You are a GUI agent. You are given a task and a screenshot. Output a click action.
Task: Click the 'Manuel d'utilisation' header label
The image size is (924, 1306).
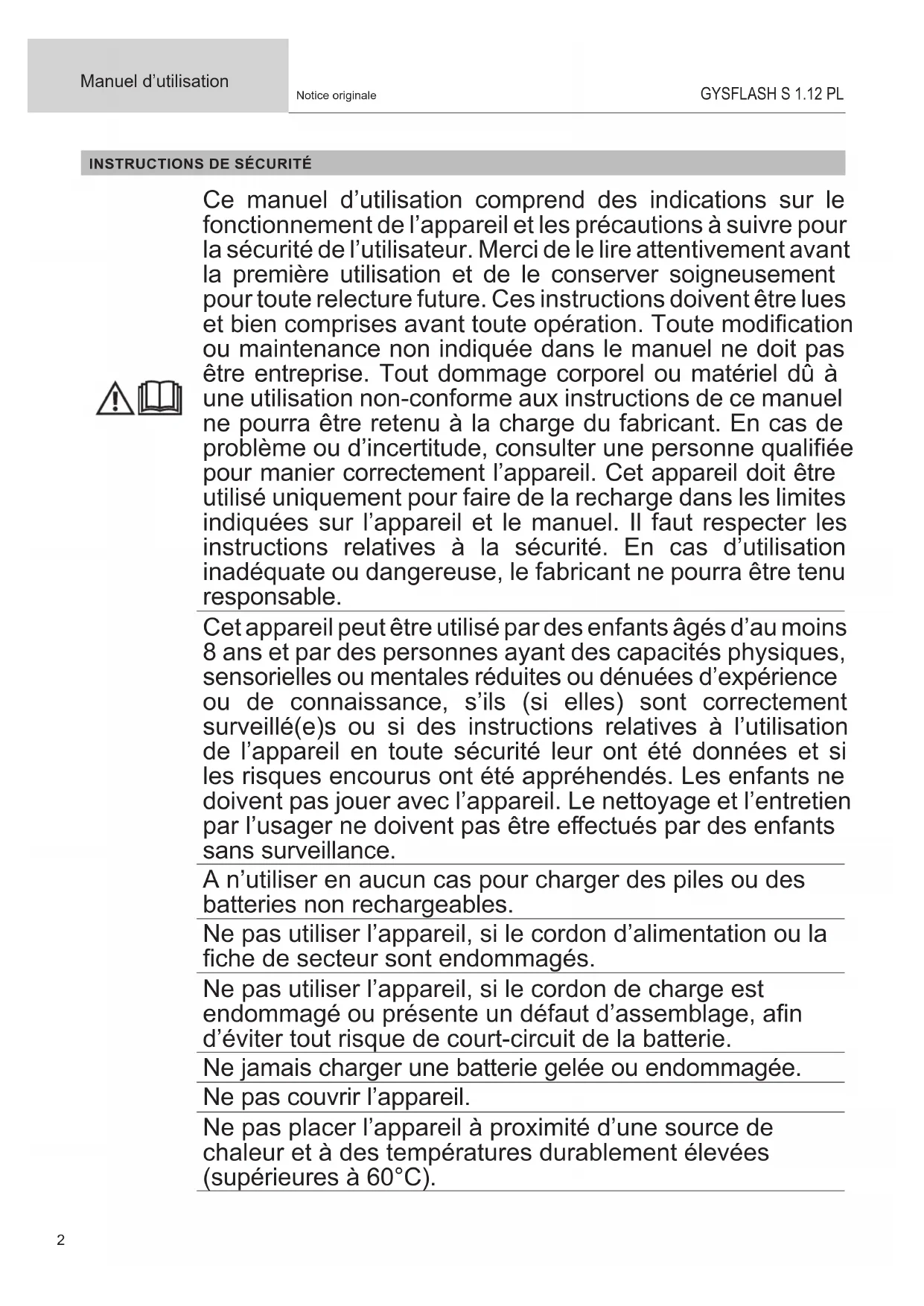click(x=154, y=81)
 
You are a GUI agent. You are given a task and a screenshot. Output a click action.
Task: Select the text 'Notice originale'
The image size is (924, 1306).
click(x=336, y=95)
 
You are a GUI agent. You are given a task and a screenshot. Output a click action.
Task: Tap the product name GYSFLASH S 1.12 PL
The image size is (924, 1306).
click(x=771, y=94)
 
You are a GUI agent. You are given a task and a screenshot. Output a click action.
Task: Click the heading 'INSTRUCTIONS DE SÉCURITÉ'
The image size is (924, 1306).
click(x=200, y=164)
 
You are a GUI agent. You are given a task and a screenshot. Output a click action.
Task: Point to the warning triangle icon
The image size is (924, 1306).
click(x=115, y=398)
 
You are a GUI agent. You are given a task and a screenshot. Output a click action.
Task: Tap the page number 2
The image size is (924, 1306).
click(x=61, y=1240)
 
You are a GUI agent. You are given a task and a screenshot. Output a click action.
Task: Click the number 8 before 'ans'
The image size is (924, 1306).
click(x=209, y=652)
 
